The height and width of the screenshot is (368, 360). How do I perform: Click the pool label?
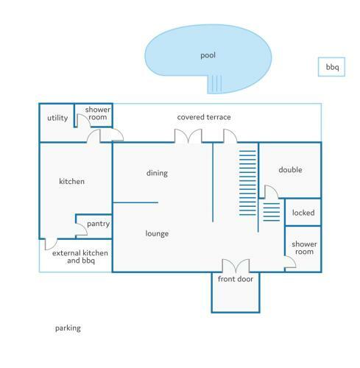point(208,55)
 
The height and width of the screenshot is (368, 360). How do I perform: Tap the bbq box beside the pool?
point(331,67)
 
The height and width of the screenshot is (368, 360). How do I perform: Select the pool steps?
point(215,84)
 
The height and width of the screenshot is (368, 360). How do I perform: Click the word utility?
point(57,118)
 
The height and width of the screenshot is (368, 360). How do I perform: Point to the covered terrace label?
point(204,117)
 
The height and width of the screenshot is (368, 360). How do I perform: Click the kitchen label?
point(71,181)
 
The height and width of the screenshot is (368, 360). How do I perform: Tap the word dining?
point(157,173)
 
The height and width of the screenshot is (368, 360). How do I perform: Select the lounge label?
point(157,233)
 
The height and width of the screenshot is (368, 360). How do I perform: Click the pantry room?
point(93,226)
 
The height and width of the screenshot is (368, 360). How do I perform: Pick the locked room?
point(303,212)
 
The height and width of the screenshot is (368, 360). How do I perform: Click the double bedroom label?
point(290,169)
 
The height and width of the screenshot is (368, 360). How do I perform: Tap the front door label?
point(236,279)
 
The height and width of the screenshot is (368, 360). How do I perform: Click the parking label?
point(68,328)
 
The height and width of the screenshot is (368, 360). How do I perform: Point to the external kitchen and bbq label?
point(80,257)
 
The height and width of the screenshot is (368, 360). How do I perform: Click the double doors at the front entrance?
point(236,266)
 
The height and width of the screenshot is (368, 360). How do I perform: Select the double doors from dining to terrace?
point(188,135)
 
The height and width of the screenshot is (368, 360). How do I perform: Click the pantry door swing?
point(81,230)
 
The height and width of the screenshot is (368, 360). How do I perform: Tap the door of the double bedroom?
point(272,191)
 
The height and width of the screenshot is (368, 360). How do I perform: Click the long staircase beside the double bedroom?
point(247,183)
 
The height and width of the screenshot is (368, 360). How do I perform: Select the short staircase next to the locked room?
point(272,212)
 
